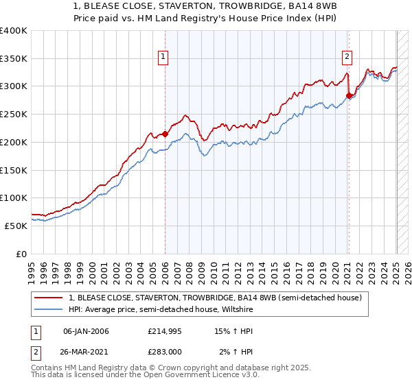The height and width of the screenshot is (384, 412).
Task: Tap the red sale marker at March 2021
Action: pos(350,95)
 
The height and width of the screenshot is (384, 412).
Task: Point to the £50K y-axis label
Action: pos(16,225)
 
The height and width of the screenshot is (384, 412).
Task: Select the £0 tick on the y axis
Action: pos(22,253)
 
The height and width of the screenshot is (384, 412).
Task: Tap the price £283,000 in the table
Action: pos(164,350)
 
